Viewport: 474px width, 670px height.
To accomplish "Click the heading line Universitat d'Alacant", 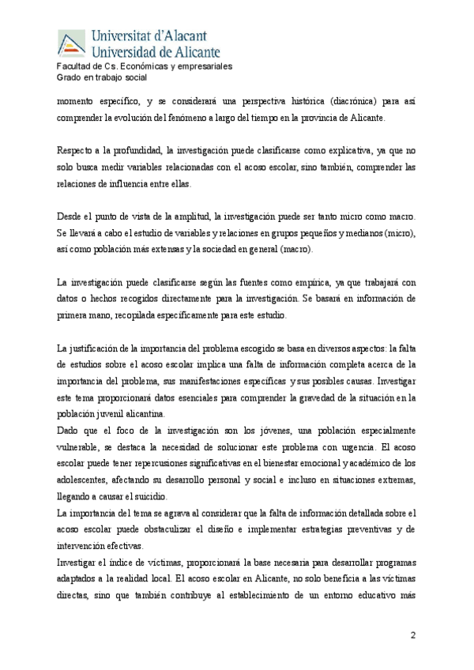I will tap(150, 35).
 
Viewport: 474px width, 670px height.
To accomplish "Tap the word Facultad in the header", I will tap(74, 66).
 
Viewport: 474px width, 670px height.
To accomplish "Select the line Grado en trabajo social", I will tap(102, 77).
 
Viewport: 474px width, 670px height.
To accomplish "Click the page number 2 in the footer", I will tap(412, 636).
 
